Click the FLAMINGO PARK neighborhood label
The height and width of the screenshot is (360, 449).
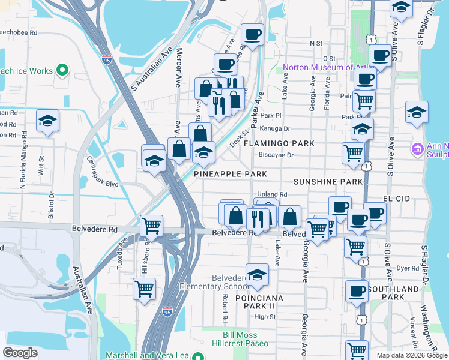pyautogui.click(x=278, y=144)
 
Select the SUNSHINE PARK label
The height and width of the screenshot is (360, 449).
pyautogui.click(x=328, y=181)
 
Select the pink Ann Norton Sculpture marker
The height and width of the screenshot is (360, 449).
pyautogui.click(x=417, y=148)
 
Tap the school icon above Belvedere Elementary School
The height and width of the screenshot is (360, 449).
pyautogui.click(x=257, y=274)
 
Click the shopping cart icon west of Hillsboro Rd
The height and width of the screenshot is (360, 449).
pyautogui.click(x=144, y=289)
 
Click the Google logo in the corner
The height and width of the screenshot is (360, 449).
pyautogui.click(x=20, y=352)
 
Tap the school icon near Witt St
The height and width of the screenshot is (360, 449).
pyautogui.click(x=47, y=121)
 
